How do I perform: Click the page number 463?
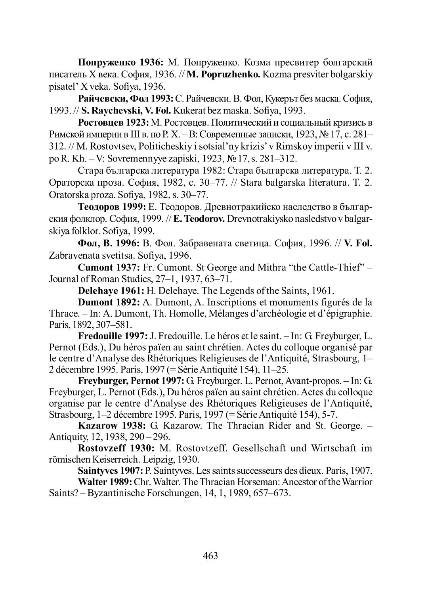point(210,555)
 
